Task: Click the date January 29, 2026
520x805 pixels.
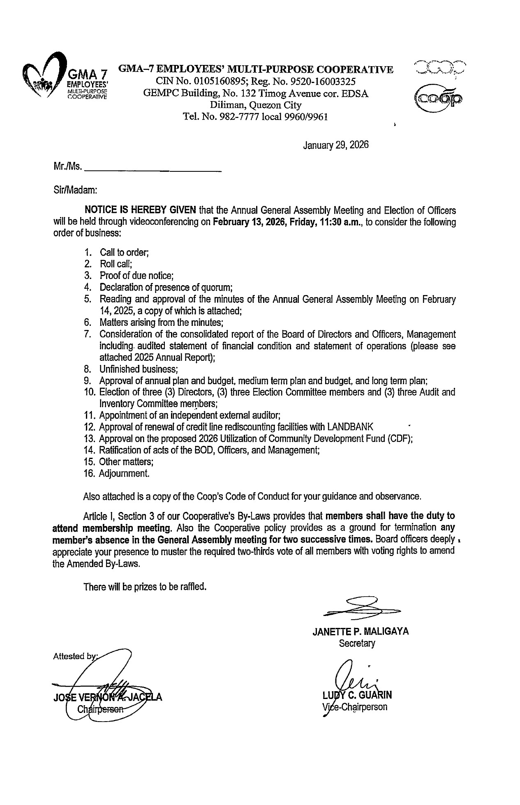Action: pos(335,145)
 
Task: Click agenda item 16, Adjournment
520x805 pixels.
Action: pos(124,473)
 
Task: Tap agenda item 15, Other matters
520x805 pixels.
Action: pos(126,461)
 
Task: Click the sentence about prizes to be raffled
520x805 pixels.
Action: pos(144,586)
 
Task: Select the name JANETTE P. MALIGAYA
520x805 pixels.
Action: pos(361,632)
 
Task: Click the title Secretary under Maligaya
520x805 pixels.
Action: pos(357,643)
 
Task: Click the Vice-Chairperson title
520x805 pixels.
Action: pos(355,707)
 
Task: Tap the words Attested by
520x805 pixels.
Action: pos(75,656)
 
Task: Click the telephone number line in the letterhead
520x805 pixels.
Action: pos(255,117)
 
